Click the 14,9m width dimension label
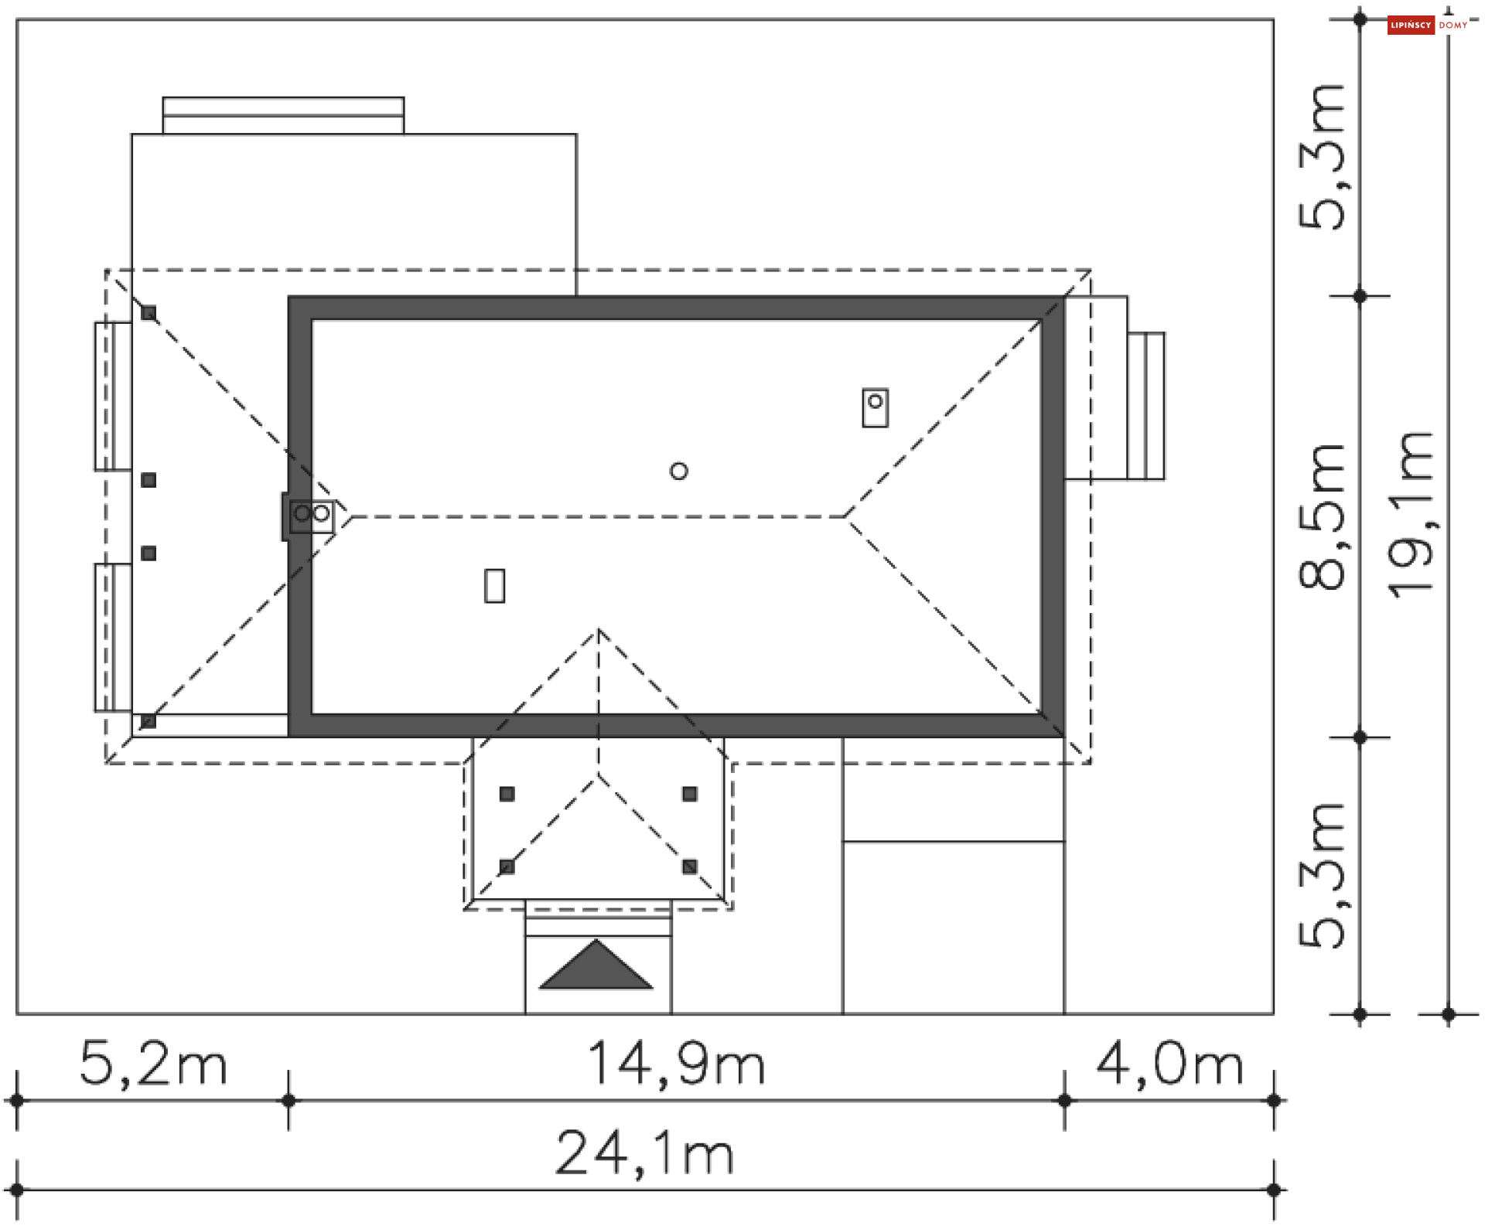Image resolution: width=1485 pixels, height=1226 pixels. (676, 1065)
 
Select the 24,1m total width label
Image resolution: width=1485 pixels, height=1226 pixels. (644, 1155)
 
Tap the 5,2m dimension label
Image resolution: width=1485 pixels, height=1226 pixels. (153, 1065)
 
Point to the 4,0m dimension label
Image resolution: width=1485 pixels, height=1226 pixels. (1169, 1065)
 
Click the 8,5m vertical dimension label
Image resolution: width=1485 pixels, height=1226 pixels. (1322, 517)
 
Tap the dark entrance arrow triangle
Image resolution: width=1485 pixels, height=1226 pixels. (596, 966)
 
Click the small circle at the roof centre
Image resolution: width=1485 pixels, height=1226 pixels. (679, 471)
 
